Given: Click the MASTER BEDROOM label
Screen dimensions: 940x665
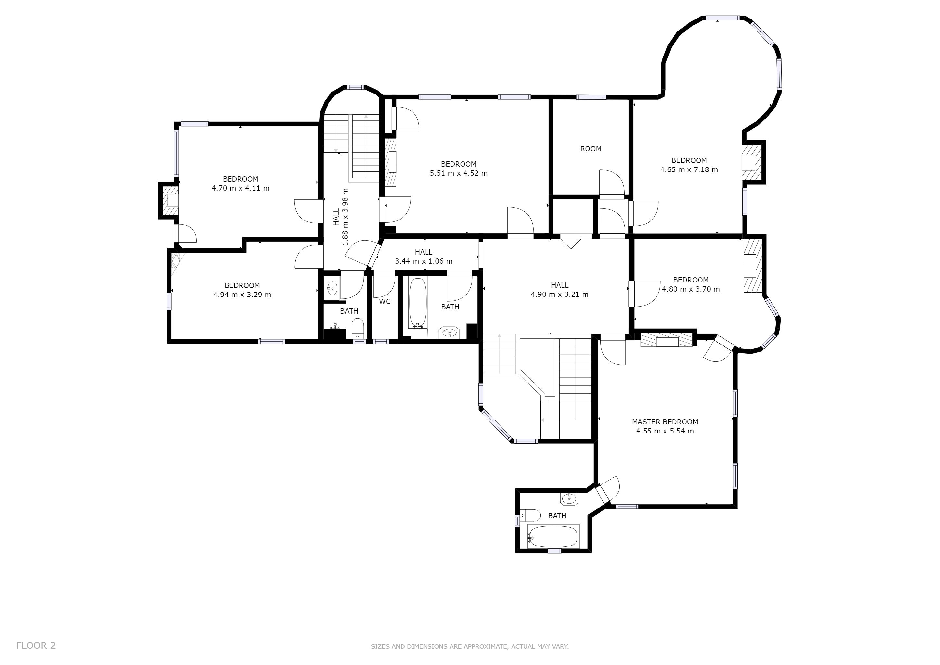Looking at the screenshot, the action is (664, 422).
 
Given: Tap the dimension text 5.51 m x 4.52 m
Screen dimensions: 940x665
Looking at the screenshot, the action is (459, 173).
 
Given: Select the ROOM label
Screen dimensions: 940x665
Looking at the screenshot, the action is (591, 149).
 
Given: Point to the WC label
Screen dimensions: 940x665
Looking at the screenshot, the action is (385, 301).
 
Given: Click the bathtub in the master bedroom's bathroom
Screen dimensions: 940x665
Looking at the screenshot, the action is (553, 536).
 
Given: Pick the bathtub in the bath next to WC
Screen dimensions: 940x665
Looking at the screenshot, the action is (418, 303).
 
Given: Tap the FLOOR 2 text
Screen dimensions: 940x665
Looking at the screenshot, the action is (36, 645).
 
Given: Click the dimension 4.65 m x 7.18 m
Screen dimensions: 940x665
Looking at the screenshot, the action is (689, 169).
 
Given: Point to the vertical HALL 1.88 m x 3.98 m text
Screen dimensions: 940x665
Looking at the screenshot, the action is (340, 217).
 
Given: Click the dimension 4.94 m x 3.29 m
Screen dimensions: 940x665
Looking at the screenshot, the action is (242, 295).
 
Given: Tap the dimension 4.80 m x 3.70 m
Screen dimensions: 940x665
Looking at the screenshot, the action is (691, 289).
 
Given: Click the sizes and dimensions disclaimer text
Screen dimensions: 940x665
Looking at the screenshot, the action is (470, 646).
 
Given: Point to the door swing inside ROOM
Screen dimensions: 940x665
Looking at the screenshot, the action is (612, 182).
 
